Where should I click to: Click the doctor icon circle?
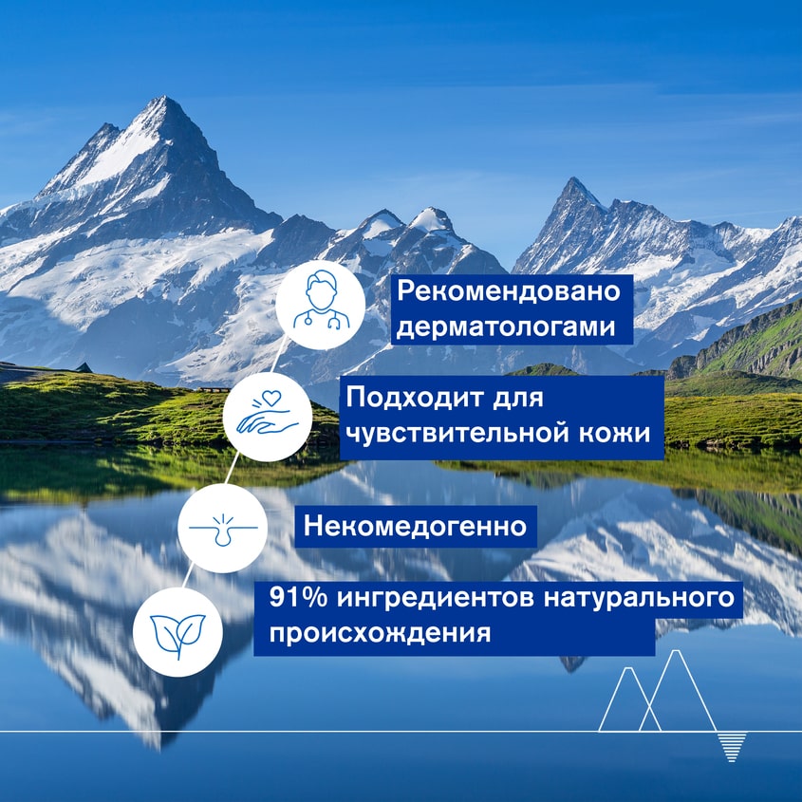click(321, 309)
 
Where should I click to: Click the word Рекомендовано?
click(509, 291)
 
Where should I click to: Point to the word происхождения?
click(381, 632)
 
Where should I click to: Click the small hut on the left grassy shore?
click(84, 367)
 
